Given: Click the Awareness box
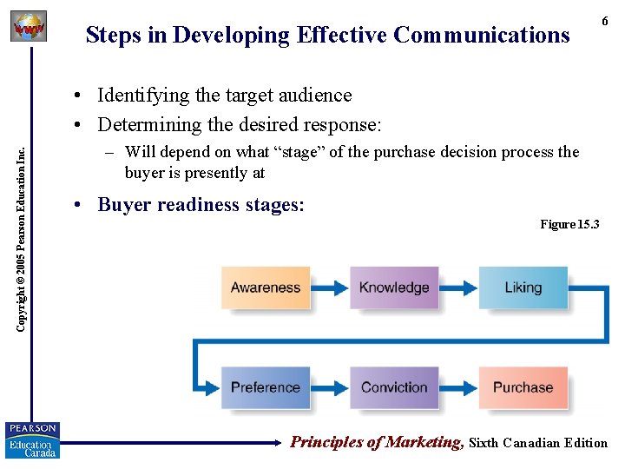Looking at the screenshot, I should click(266, 287).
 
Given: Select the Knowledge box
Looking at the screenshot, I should click(394, 287).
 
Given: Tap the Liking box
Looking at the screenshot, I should click(523, 287).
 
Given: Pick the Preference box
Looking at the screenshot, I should click(266, 387).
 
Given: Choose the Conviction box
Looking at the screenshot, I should click(394, 387).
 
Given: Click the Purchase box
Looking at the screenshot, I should click(523, 387).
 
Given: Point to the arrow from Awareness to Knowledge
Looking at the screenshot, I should click(330, 287).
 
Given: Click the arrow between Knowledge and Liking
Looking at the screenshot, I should click(458, 287).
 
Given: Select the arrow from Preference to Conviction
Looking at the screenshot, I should click(330, 387).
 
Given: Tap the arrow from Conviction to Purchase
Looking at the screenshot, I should click(458, 387).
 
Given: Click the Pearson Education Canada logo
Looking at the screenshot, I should click(32, 440).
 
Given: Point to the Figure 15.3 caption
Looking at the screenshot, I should click(569, 225).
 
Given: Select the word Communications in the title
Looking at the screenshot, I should click(481, 35).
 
